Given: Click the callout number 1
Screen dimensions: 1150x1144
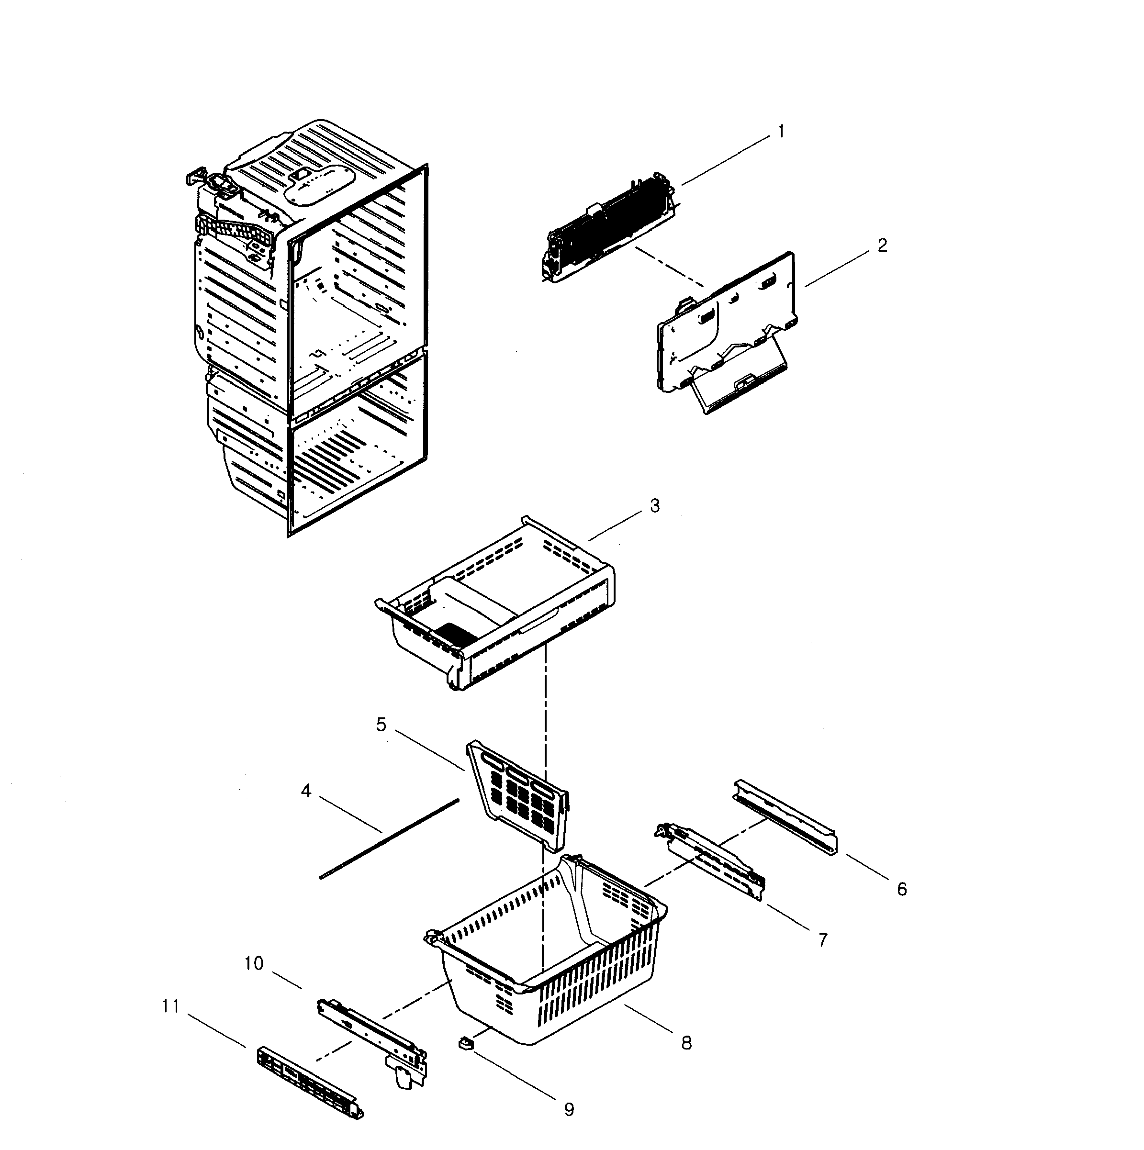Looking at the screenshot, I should point(781,132).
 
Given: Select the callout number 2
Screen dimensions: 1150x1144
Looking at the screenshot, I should point(882,245).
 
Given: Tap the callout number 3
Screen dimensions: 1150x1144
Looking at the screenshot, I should point(654,506).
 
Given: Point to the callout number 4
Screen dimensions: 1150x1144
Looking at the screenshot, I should point(306,791).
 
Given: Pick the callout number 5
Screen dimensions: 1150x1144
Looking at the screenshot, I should point(381,725).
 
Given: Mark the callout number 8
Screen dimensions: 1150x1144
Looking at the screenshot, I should point(686,1043).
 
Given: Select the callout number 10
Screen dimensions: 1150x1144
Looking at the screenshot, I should point(254,963).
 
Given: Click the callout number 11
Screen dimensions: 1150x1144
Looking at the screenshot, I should point(171,1006).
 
